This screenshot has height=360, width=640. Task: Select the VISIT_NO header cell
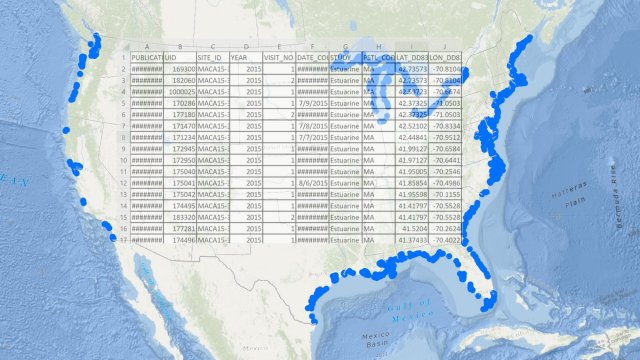click(278, 59)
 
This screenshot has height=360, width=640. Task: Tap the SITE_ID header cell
click(212, 59)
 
